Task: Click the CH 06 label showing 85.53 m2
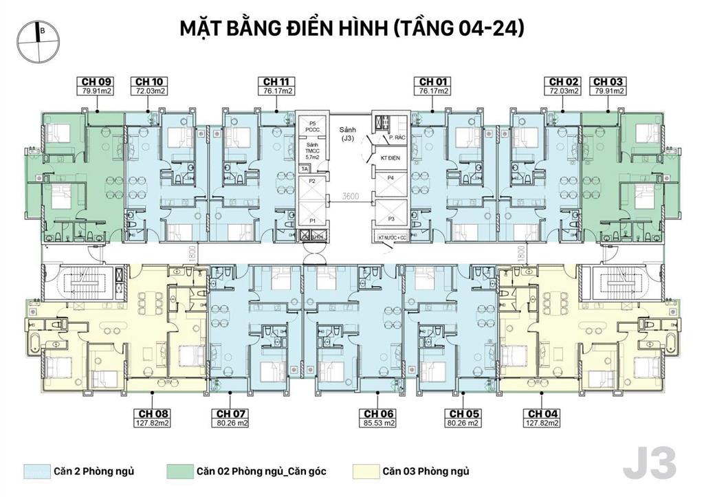[379, 418]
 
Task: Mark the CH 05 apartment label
[463, 418]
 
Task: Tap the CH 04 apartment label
[542, 418]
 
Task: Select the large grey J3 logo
[649, 464]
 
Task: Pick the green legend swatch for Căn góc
[179, 472]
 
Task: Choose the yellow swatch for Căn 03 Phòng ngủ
[364, 472]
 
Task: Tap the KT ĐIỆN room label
[389, 158]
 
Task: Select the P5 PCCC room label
[312, 127]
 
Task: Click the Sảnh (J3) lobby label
[349, 133]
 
